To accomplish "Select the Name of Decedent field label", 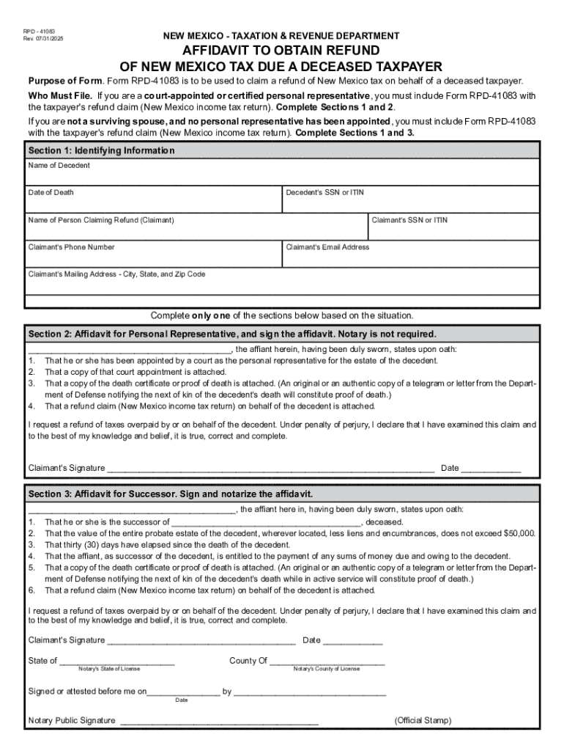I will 59,166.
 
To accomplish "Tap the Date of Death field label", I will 51,193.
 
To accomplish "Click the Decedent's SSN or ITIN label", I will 324,193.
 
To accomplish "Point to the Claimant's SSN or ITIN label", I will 409,220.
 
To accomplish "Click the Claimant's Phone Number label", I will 71,247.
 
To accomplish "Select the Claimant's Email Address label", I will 327,247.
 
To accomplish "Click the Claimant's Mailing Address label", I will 116,274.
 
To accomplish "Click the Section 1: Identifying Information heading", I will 101,150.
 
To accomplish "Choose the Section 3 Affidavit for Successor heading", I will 170,494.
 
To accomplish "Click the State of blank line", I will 117,662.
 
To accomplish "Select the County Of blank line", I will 327,662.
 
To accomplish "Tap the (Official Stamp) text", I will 423,721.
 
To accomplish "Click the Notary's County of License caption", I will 327,669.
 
